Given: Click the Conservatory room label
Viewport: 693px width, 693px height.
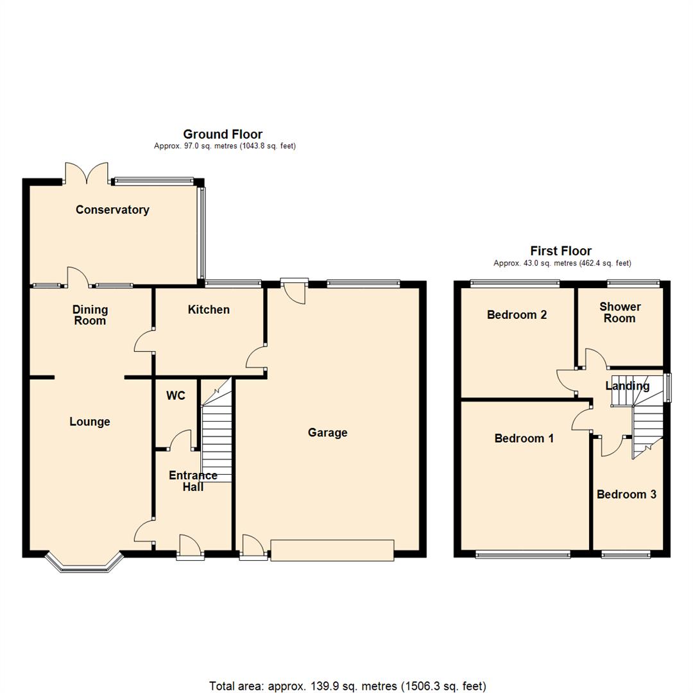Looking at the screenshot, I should (112, 210).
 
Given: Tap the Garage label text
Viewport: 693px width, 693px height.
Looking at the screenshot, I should (327, 433).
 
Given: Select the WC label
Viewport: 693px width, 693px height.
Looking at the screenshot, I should (176, 396).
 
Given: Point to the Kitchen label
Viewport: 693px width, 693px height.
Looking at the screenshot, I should (209, 310).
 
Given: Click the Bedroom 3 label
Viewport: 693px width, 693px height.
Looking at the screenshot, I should (626, 495).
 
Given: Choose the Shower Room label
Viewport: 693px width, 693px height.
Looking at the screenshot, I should (620, 312).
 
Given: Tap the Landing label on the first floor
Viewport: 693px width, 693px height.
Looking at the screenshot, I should (627, 386).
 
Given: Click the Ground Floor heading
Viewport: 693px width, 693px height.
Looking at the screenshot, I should (223, 134).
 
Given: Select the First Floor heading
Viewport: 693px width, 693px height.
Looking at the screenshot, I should (561, 251).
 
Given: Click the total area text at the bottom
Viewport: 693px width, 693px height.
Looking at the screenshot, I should (347, 686).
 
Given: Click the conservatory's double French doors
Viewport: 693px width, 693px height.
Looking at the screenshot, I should (87, 174).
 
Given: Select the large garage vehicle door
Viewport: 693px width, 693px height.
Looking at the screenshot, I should (332, 550).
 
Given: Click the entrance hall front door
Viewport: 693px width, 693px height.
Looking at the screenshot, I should (190, 547).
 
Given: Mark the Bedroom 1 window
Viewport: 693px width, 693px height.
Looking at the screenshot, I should (523, 554).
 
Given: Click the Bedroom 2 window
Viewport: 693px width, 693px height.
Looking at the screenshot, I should (515, 283).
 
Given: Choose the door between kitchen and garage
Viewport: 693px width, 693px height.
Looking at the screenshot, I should (256, 356).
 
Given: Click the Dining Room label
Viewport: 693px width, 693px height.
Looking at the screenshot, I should (90, 315).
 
